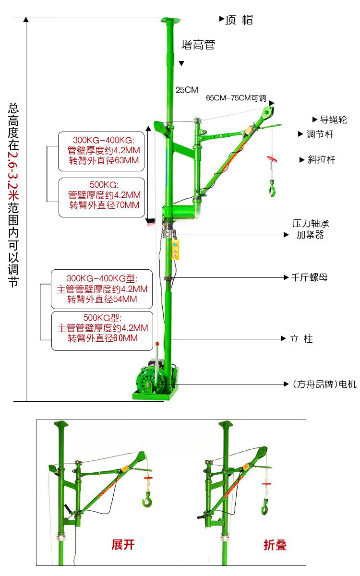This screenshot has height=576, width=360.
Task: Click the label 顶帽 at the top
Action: [239, 20]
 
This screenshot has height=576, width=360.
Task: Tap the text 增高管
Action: [198, 45]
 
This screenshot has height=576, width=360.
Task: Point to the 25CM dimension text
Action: [187, 90]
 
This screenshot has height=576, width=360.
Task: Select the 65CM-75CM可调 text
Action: [236, 98]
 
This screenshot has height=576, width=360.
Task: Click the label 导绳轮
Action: [333, 120]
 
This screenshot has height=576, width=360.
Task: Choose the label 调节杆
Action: [320, 134]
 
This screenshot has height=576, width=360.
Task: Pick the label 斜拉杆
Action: [321, 160]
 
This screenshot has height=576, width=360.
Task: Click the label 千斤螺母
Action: [309, 277]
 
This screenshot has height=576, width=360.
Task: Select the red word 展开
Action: [123, 545]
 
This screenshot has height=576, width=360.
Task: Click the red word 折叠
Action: [275, 545]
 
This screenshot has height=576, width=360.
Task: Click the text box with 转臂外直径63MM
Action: [101, 151]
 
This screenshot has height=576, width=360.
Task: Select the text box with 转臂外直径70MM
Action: [101, 197]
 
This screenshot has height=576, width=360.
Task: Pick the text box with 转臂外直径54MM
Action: [102, 289]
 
